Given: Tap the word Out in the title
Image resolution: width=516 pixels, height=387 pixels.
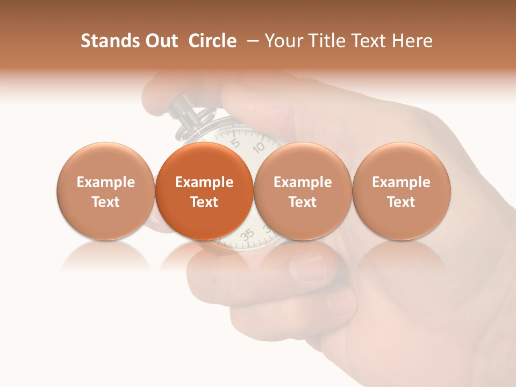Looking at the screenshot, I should pyautogui.click(x=160, y=41).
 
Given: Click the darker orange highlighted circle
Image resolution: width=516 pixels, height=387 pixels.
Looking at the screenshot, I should pyautogui.click(x=204, y=191).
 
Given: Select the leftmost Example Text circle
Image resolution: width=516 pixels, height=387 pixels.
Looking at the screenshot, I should pyautogui.click(x=105, y=191).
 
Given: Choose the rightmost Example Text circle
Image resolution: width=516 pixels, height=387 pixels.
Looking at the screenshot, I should pyautogui.click(x=402, y=191).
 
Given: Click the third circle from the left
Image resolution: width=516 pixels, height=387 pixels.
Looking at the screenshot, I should pyautogui.click(x=303, y=191).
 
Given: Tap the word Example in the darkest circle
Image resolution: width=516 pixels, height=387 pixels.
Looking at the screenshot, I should pyautogui.click(x=204, y=182).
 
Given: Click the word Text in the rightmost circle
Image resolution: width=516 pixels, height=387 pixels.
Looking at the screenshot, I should pyautogui.click(x=402, y=202).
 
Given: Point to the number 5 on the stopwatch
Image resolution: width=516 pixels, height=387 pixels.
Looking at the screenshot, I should pyautogui.click(x=235, y=142).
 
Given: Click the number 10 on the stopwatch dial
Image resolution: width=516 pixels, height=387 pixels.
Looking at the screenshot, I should pyautogui.click(x=259, y=147).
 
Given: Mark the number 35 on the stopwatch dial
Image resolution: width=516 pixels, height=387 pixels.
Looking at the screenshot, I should pyautogui.click(x=247, y=234).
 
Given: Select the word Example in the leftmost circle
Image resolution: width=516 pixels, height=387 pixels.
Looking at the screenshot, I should pyautogui.click(x=105, y=182).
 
